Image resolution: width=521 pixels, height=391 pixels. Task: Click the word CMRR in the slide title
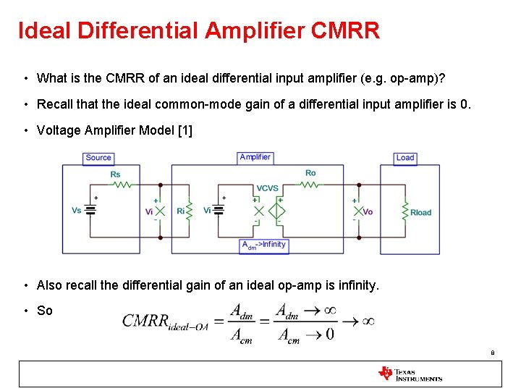[x=344, y=31]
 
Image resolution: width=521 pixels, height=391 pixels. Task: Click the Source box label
[x=98, y=158]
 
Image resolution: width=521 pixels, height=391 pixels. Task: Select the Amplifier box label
[x=255, y=157]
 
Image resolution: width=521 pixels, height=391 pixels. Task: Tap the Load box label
[x=405, y=158]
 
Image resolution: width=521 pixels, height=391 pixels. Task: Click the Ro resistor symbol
[x=310, y=185]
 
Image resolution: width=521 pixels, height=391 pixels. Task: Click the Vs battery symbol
[x=90, y=210]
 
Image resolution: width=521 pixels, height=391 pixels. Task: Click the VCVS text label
[x=267, y=188]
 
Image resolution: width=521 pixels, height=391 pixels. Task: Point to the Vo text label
[x=368, y=212]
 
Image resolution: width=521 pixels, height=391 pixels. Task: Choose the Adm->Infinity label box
[x=263, y=245]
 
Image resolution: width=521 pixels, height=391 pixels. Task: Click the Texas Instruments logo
[x=410, y=374]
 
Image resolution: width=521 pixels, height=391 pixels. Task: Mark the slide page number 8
[x=493, y=353]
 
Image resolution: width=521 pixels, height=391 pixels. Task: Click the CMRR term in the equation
[x=145, y=321]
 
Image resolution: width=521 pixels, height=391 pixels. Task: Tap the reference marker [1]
[x=185, y=131]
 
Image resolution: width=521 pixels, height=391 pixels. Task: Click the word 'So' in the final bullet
[x=45, y=311]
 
